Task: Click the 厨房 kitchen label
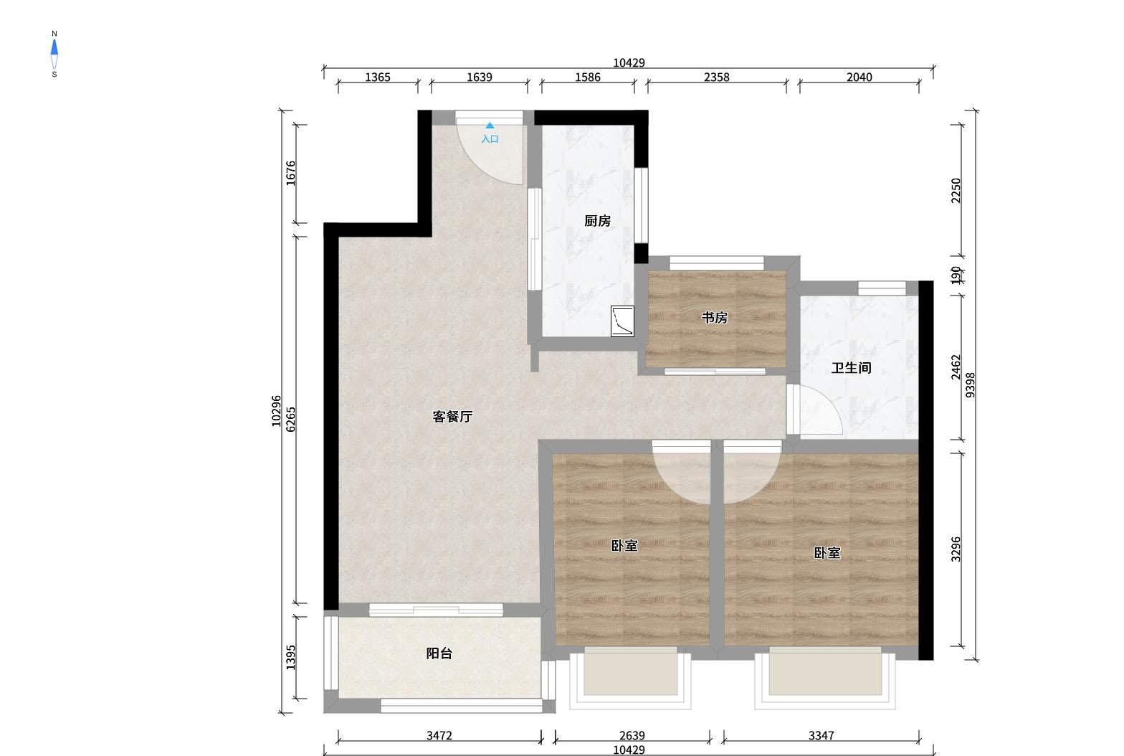(x=597, y=221)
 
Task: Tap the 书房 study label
(x=714, y=318)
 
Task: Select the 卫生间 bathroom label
(x=851, y=368)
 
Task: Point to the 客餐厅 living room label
(x=452, y=417)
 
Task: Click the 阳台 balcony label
(x=439, y=653)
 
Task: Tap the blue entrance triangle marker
(x=490, y=126)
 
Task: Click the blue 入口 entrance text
(x=490, y=139)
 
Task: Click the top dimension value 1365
(x=377, y=77)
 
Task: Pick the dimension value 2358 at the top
(x=717, y=77)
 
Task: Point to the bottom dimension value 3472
(x=439, y=735)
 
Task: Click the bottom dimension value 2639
(x=632, y=735)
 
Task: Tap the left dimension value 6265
(x=291, y=419)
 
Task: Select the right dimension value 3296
(x=956, y=549)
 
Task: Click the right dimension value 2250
(x=956, y=191)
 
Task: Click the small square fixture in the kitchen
(x=622, y=321)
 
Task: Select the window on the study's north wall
(x=717, y=263)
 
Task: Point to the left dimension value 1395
(x=291, y=657)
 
